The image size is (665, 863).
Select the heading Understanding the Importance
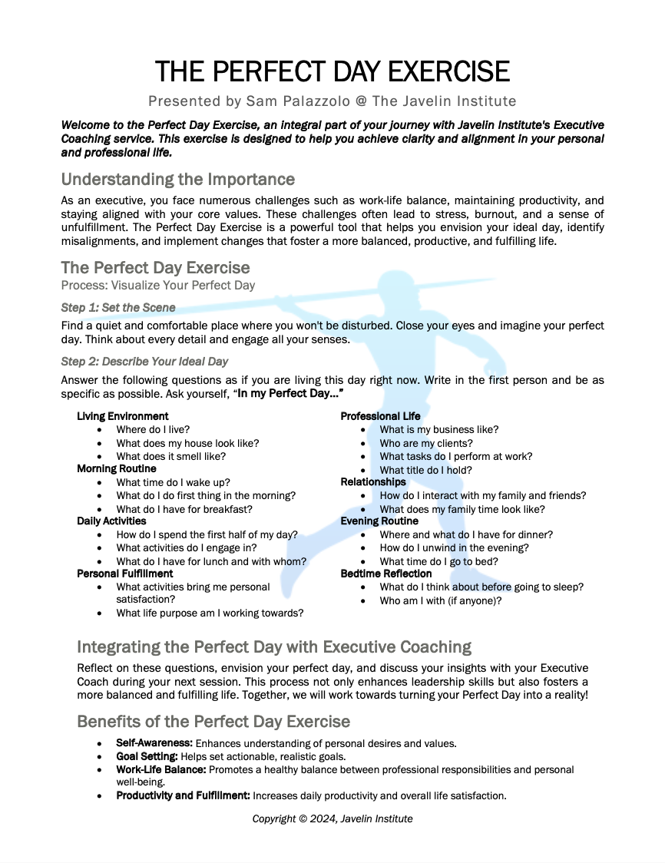point(177,180)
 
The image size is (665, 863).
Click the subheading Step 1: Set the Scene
point(118,307)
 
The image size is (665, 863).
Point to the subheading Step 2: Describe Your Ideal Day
point(144,361)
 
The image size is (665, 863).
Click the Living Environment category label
point(123,416)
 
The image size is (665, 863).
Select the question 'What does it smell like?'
point(170,456)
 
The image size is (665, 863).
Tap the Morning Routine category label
point(117,468)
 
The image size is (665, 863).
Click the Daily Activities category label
point(111,521)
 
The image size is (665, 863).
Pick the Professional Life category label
point(381,416)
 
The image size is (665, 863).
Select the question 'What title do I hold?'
point(425,470)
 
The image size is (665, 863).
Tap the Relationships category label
point(373,482)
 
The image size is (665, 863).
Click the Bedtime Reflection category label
point(386,574)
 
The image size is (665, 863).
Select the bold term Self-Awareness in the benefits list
point(154,743)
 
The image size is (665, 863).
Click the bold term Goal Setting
point(147,756)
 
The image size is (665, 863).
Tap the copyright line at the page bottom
point(332,818)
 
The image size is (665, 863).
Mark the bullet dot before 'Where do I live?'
point(100,430)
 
